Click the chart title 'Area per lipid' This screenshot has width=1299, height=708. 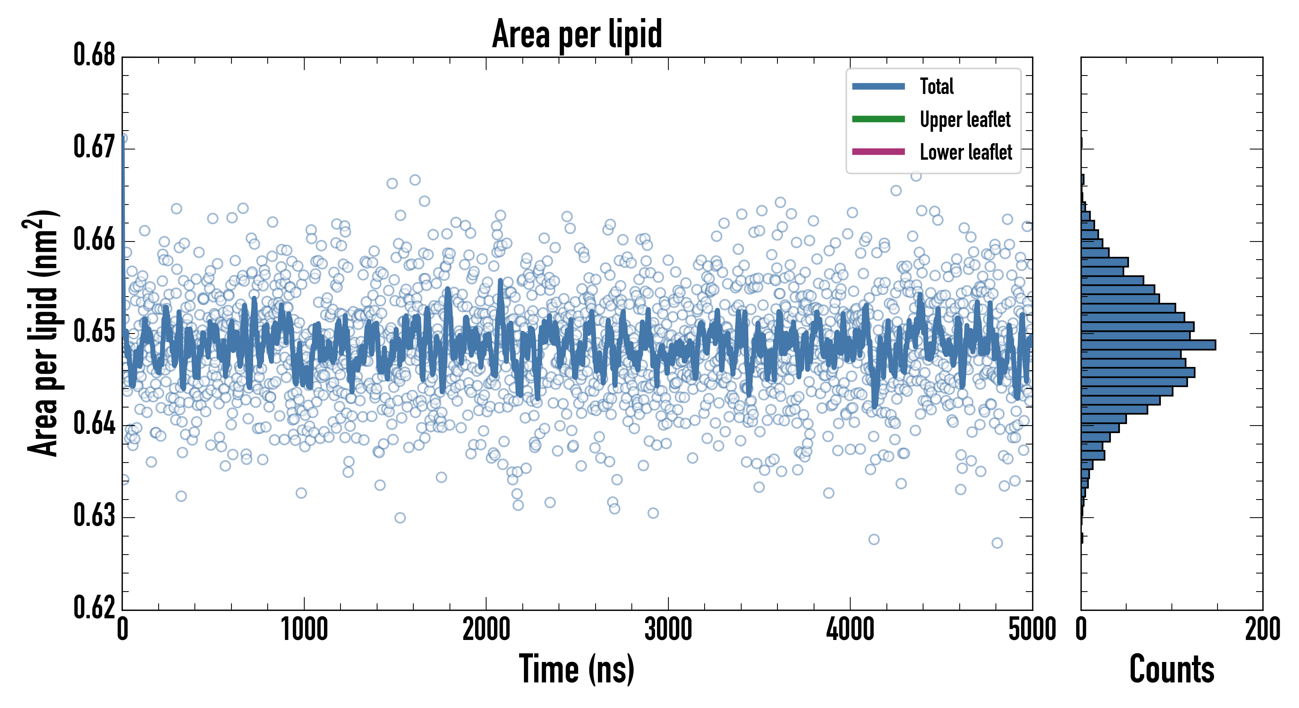577,34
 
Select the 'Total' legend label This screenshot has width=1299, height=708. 936,86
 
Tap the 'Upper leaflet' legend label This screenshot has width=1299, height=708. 965,120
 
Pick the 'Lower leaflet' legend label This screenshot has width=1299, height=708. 966,152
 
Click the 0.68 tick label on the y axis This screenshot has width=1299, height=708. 94,55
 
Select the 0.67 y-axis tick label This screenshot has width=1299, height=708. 94,147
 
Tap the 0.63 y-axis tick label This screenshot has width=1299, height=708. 94,516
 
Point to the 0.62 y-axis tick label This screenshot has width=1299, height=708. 94,607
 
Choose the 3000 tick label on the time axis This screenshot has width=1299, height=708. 668,630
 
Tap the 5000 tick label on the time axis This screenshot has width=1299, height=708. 1032,630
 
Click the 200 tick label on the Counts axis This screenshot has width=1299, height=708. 1262,630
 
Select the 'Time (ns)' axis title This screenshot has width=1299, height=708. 577,669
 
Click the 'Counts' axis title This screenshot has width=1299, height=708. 1171,669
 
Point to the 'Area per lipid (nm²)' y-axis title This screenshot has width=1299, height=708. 43,333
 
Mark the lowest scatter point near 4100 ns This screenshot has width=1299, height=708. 874,540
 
